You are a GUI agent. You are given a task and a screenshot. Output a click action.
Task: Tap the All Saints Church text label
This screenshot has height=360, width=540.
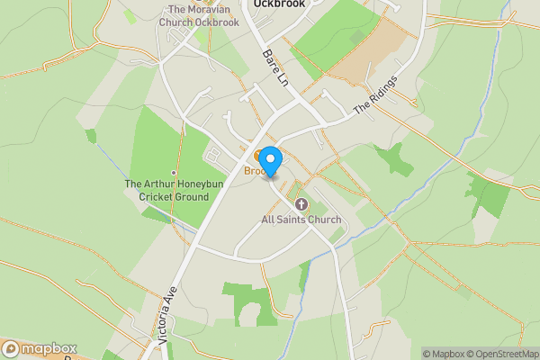pyautogui.click(x=301, y=220)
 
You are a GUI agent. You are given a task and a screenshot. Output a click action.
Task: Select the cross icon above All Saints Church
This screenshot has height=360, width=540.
pyautogui.click(x=301, y=204)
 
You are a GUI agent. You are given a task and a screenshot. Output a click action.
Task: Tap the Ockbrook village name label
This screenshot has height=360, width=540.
pyautogui.click(x=279, y=4)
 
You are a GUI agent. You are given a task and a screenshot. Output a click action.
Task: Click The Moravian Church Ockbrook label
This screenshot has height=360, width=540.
pyautogui.click(x=198, y=16)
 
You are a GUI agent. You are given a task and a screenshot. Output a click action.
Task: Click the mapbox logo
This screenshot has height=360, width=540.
pyautogui.click(x=39, y=348)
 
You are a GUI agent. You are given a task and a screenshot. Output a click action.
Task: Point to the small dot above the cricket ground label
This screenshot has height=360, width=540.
pyautogui.click(x=174, y=173)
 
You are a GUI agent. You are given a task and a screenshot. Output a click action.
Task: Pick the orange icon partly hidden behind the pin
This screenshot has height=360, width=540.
pyautogui.click(x=257, y=154)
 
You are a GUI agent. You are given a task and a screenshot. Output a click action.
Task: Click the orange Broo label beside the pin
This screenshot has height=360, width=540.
pyautogui.click(x=255, y=171)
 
